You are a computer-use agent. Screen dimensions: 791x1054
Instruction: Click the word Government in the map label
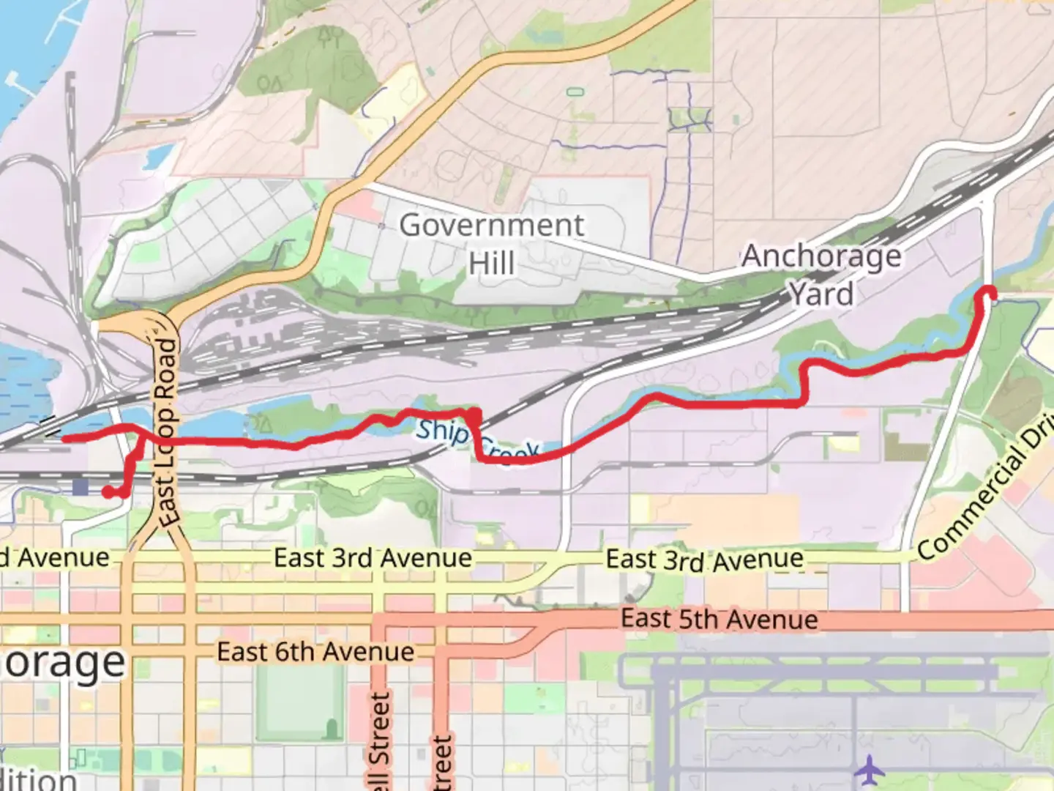click(491, 225)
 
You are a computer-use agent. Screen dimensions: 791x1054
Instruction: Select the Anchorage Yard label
click(821, 275)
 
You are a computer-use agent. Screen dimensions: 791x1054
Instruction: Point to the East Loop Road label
click(167, 432)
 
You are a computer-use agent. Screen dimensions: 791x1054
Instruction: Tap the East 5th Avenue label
click(719, 620)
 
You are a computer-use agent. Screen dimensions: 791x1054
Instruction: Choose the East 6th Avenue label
click(315, 652)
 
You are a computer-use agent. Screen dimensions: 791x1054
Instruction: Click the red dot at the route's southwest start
click(108, 492)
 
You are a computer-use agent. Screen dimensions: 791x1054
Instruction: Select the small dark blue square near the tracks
click(80, 487)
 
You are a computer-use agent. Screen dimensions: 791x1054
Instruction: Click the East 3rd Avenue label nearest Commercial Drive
click(704, 560)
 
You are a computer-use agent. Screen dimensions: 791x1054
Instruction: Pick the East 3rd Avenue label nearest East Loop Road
click(373, 558)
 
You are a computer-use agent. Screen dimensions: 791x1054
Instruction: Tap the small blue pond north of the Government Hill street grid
click(157, 156)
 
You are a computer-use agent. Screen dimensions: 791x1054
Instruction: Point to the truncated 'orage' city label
click(64, 663)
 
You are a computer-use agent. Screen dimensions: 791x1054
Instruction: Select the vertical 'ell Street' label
click(380, 740)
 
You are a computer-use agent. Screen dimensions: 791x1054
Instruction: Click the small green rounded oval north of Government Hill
click(575, 92)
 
